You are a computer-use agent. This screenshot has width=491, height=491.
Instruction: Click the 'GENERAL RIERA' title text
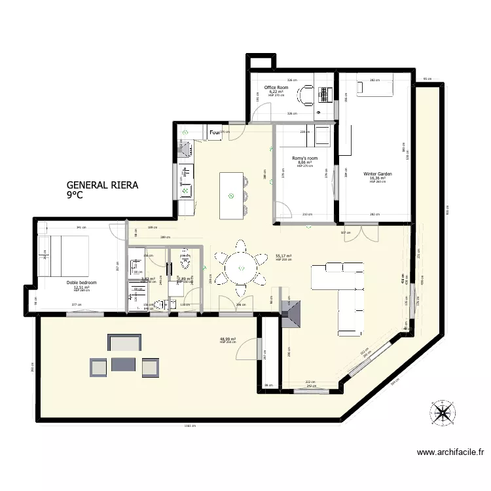(x=102, y=185)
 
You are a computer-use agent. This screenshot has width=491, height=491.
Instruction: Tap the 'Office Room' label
(x=276, y=88)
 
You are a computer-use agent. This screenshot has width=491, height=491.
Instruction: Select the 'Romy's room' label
(x=304, y=158)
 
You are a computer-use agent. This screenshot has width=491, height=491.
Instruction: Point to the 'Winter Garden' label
(x=377, y=174)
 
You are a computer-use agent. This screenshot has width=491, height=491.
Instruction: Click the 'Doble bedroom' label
(x=81, y=283)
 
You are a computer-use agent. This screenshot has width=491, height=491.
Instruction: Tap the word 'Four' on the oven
(x=215, y=133)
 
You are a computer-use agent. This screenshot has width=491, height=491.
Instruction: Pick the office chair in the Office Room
(x=304, y=96)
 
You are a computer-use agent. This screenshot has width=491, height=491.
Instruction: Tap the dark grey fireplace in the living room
(x=293, y=313)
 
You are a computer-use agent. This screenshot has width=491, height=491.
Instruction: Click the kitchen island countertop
(x=230, y=196)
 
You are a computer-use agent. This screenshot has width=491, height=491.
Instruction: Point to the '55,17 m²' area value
(x=283, y=256)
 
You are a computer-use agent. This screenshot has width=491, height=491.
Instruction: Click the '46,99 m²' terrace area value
(x=227, y=339)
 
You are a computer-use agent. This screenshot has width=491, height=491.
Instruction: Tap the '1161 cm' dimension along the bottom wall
(x=191, y=426)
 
